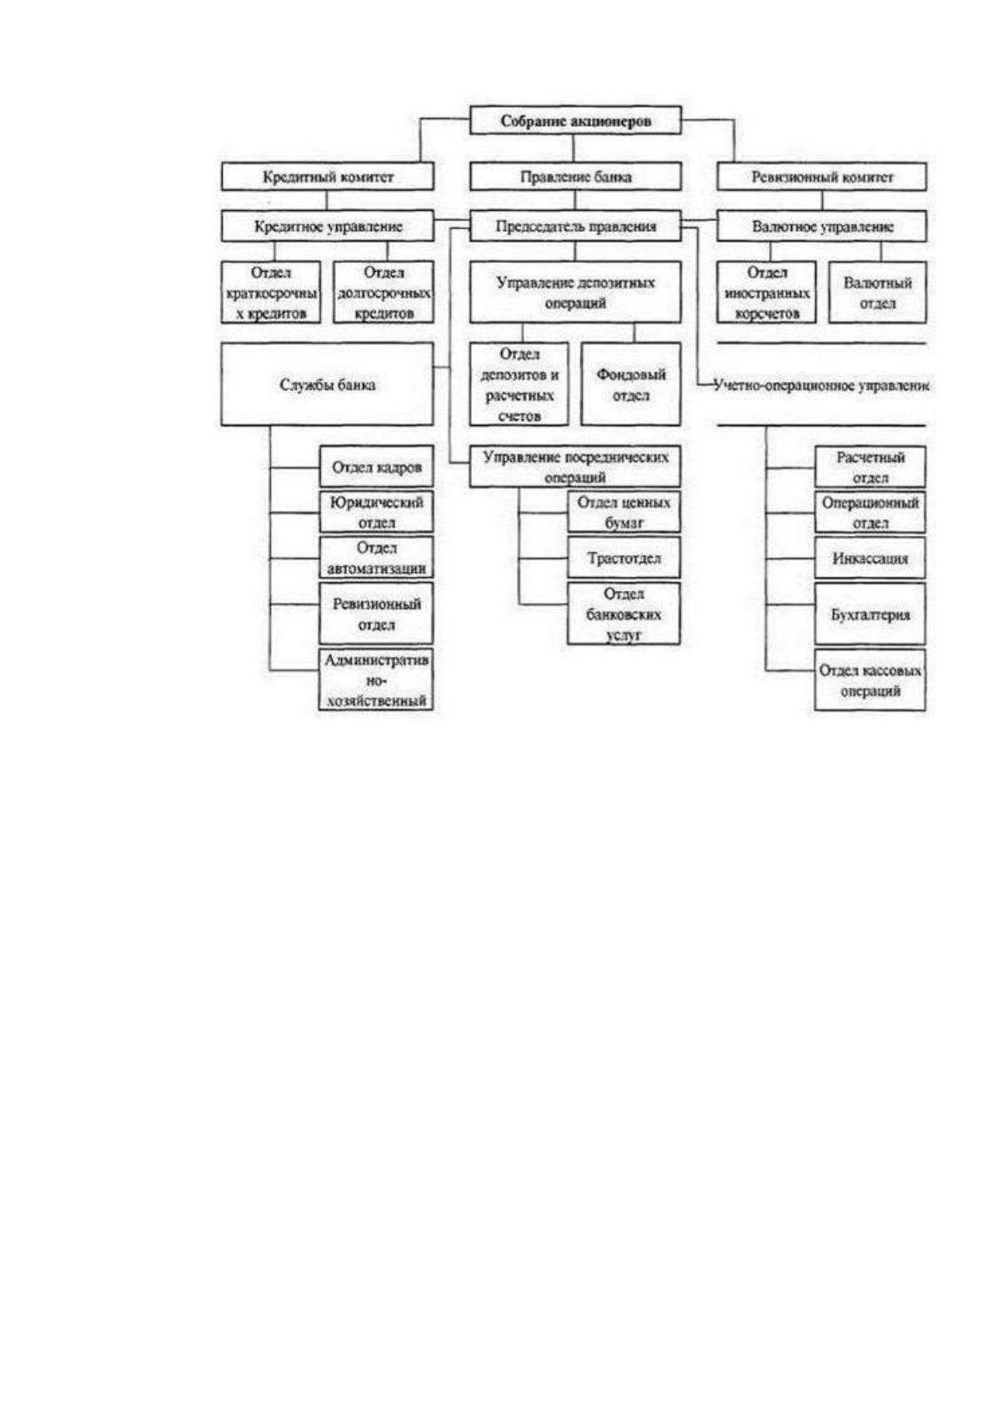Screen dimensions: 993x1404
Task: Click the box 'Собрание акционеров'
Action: [574, 120]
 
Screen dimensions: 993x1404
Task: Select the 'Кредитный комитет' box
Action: [327, 177]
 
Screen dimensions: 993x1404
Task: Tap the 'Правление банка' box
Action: [574, 177]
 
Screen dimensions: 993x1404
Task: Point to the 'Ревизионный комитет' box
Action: [822, 177]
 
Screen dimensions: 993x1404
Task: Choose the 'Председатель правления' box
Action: [574, 226]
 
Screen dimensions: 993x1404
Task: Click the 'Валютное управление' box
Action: [822, 226]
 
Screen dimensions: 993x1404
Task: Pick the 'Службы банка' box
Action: [327, 384]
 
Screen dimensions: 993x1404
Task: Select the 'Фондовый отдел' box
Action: [630, 384]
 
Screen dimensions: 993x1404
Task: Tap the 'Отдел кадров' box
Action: [376, 467]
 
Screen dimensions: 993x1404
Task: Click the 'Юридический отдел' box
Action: [376, 512]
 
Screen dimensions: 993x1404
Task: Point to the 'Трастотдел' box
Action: [624, 557]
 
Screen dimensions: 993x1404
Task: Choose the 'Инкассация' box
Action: [870, 557]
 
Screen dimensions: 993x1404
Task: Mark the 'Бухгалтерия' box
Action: [870, 614]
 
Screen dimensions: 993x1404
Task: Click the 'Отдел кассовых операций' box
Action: [870, 680]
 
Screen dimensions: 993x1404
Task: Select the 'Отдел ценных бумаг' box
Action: [624, 512]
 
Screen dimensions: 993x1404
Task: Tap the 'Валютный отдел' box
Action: [878, 293]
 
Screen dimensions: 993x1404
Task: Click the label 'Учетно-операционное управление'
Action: [821, 385]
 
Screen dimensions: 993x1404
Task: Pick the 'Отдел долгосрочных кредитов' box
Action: [384, 293]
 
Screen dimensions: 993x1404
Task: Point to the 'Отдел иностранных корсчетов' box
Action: [767, 293]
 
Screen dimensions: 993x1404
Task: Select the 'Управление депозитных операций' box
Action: [574, 293]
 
